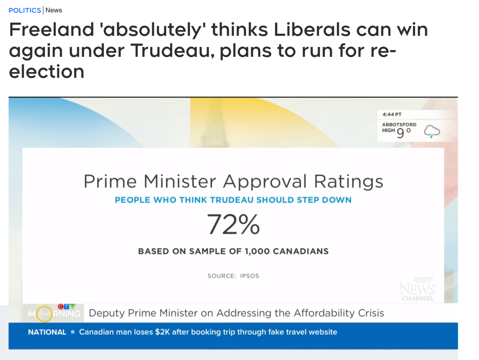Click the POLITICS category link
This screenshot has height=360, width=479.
click(x=24, y=10)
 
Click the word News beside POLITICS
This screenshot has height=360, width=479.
click(x=54, y=10)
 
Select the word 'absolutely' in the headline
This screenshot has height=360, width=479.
click(x=150, y=30)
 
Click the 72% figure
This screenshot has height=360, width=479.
click(x=233, y=225)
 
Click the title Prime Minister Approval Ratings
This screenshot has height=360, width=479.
click(x=233, y=182)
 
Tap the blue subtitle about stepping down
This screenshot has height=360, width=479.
click(x=233, y=200)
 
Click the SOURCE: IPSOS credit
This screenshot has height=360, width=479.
click(x=233, y=276)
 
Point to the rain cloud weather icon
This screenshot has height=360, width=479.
click(x=432, y=131)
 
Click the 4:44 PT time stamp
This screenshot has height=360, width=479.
click(x=392, y=115)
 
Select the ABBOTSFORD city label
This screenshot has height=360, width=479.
click(x=399, y=125)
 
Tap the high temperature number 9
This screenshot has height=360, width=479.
click(x=400, y=133)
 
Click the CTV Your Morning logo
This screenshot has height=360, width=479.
click(x=54, y=313)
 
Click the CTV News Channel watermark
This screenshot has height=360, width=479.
click(x=417, y=289)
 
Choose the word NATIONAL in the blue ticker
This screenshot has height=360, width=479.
click(x=47, y=332)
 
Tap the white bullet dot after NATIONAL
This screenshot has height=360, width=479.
click(x=73, y=332)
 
